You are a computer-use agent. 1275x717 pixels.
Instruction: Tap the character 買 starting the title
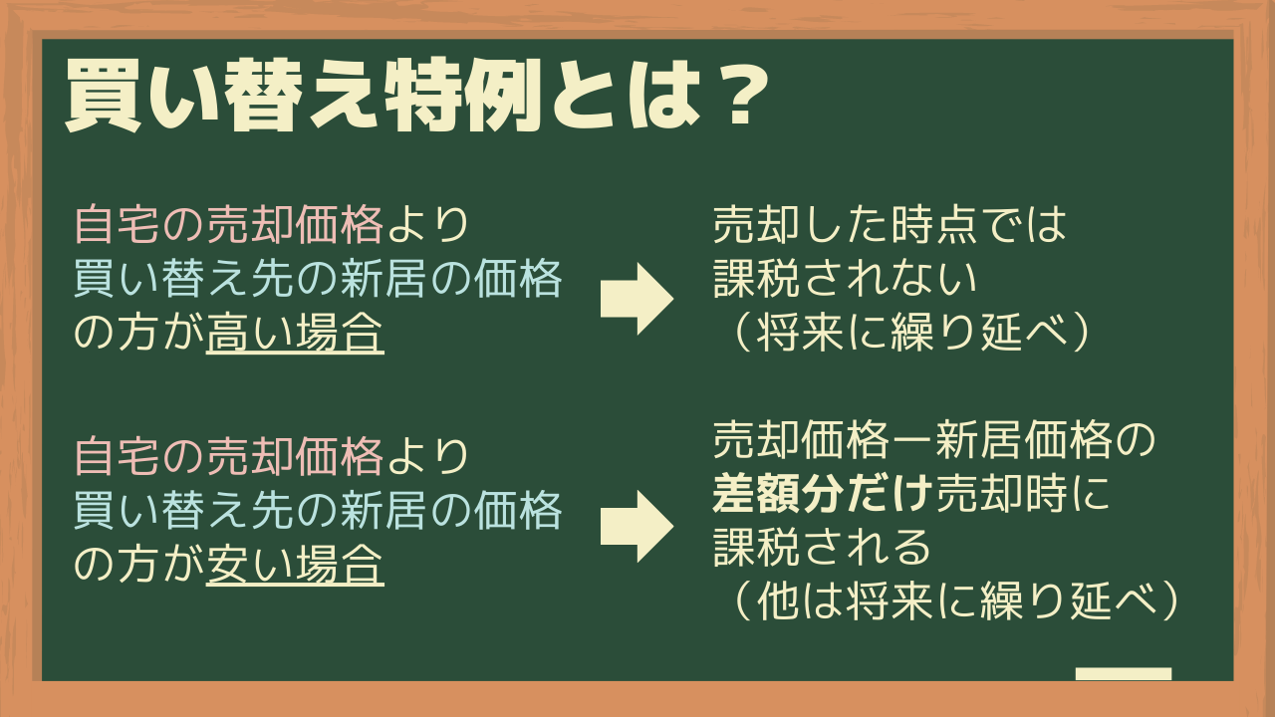[104, 97]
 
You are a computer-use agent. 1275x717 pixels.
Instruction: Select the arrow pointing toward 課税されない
[637, 299]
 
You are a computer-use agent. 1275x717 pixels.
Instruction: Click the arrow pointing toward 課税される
[637, 527]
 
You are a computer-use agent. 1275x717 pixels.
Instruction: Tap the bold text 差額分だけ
[823, 493]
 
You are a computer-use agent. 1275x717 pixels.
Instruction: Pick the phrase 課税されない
[845, 279]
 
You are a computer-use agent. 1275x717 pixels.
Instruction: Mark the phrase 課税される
[822, 547]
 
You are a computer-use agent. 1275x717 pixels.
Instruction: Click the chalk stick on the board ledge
[1124, 674]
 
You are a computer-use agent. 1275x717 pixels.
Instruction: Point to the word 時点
[935, 225]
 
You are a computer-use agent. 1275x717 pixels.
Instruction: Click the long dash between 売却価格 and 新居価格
[911, 441]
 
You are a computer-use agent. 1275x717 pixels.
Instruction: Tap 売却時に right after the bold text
[1023, 493]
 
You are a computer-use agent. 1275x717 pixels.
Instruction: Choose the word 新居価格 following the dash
[1023, 441]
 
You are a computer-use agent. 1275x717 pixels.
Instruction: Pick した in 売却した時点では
[846, 225]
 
